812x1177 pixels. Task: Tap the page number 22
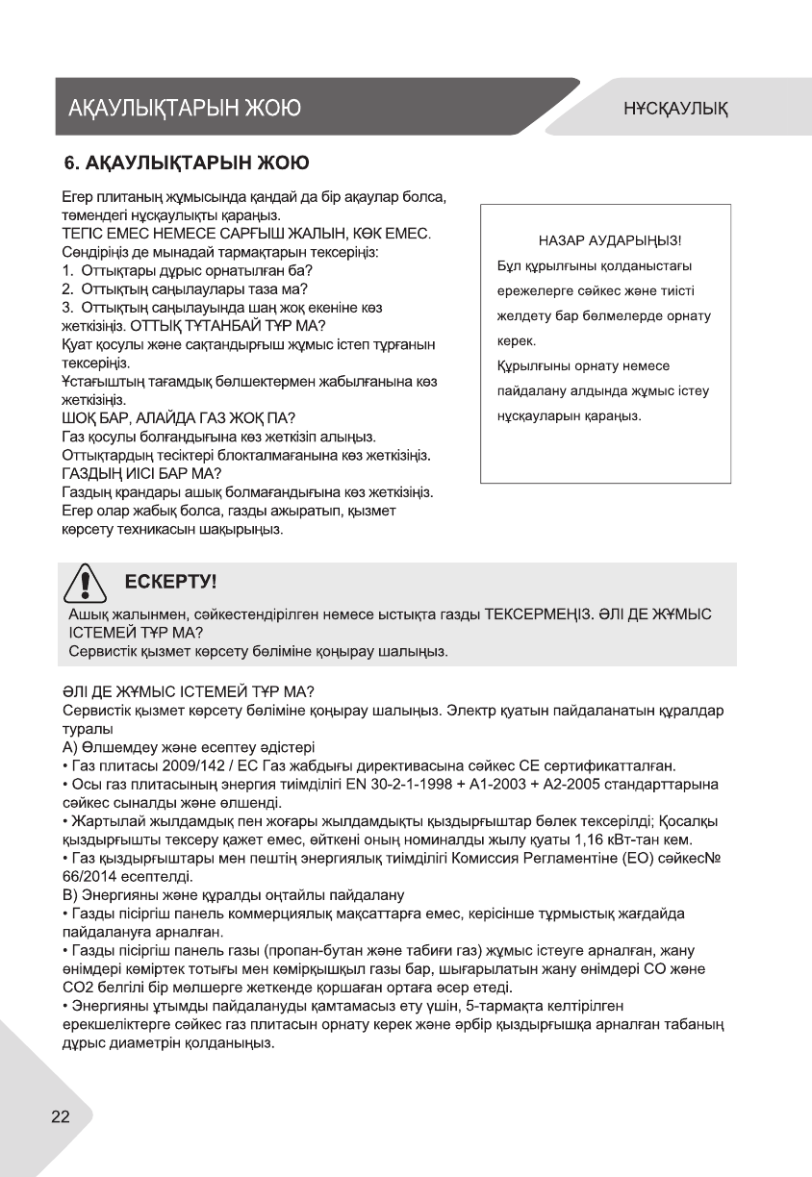click(61, 1116)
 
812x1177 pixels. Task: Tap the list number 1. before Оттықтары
click(67, 271)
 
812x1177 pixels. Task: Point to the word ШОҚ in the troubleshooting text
click(80, 416)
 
